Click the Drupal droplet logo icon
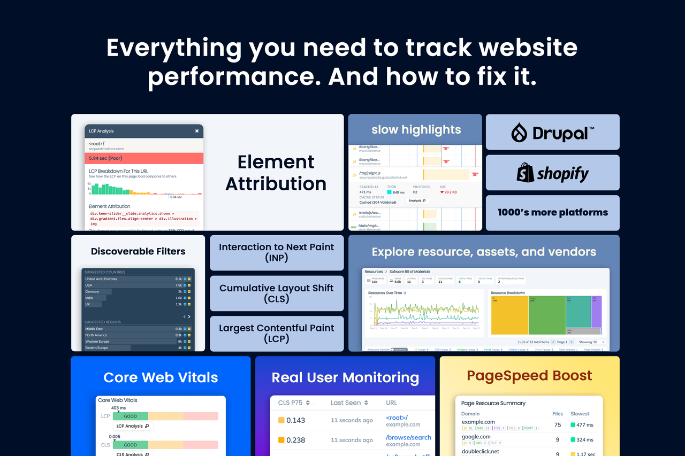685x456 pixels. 519,133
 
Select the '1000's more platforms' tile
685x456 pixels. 552,212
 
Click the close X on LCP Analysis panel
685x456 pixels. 196,131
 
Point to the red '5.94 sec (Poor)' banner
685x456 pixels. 144,158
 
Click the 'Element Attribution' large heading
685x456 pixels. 276,172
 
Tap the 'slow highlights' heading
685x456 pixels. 416,129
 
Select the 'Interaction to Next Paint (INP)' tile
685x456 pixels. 277,252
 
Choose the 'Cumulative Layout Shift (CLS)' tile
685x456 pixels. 277,293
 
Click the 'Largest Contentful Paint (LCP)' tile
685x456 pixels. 277,333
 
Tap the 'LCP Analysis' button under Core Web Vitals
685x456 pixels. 133,426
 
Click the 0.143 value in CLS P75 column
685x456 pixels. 295,420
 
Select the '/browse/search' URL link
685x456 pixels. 408,437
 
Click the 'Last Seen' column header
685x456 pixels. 349,403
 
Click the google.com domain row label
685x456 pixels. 476,437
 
